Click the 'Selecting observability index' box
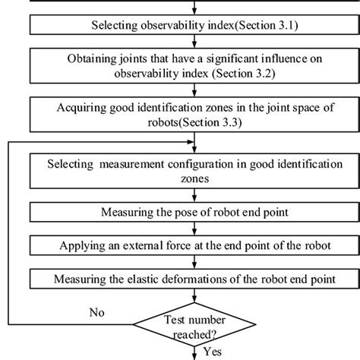(195, 26)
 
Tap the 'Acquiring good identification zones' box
(195, 115)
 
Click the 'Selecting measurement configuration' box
(195, 171)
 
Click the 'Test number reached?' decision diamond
(195, 325)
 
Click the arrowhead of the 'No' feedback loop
(190, 145)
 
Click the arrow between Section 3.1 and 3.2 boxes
(195, 43)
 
